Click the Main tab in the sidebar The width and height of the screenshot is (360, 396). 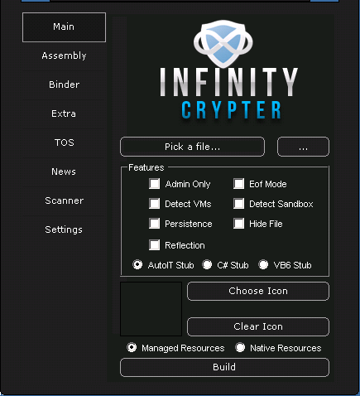tap(64, 27)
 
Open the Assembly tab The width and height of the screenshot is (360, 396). tap(64, 56)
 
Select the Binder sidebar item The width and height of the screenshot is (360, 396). tap(64, 85)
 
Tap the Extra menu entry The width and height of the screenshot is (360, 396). tap(64, 113)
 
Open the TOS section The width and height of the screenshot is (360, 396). tap(64, 142)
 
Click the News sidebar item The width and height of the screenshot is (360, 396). tap(64, 171)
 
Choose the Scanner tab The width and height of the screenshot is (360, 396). tap(64, 200)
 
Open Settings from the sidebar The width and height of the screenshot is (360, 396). tap(64, 229)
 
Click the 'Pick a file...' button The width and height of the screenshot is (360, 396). tap(192, 147)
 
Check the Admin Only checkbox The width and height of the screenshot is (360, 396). tap(154, 184)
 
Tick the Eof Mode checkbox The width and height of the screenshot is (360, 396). tap(238, 184)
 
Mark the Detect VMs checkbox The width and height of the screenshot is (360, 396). tap(154, 204)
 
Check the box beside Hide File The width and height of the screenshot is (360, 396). tap(238, 224)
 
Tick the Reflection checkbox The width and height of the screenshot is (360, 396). tap(154, 245)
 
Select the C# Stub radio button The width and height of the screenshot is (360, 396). tap(207, 264)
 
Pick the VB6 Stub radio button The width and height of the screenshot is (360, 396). tap(263, 264)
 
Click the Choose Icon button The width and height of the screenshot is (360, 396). tap(258, 291)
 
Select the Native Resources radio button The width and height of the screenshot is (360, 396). tap(240, 347)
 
